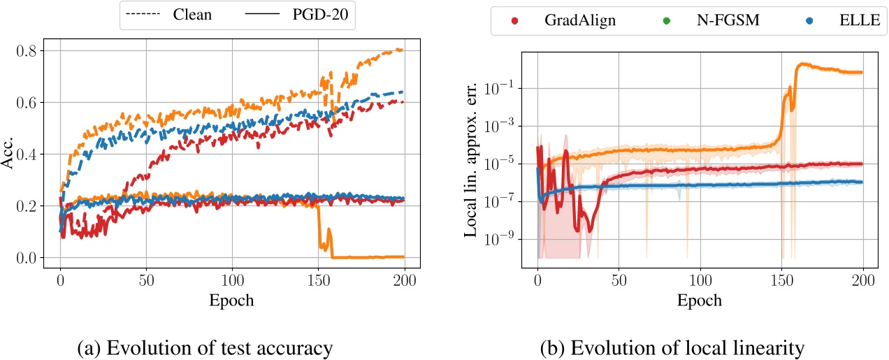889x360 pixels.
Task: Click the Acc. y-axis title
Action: tap(9, 154)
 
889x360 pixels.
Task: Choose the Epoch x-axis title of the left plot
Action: tap(233, 301)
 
